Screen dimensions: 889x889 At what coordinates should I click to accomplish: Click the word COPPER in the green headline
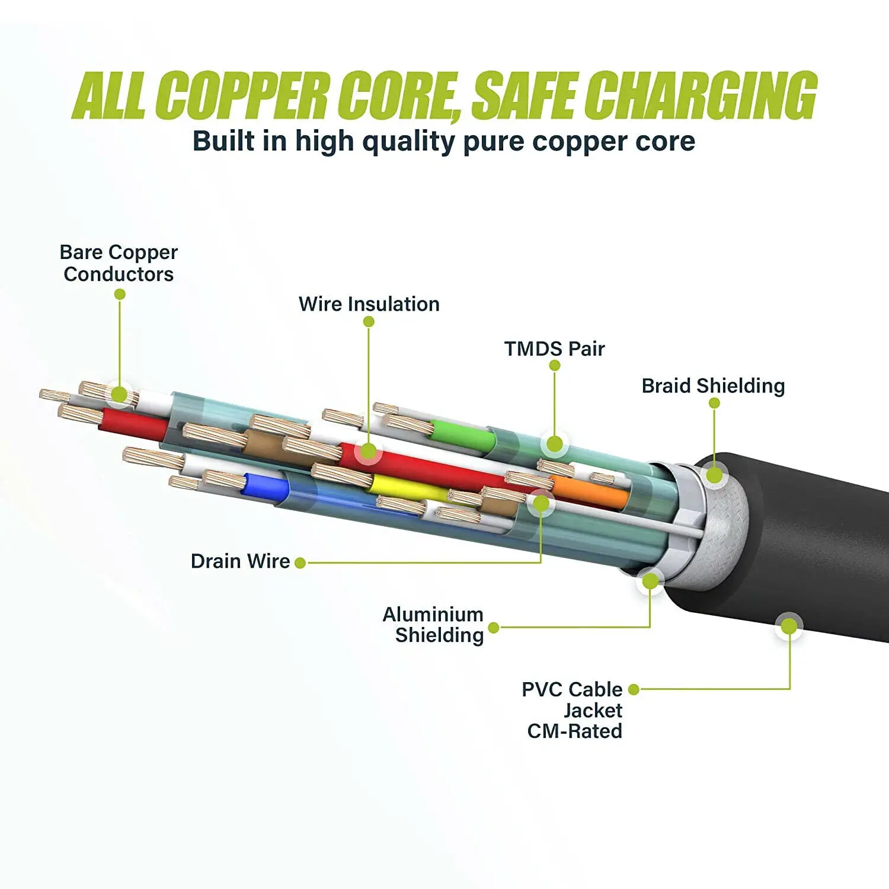pos(244,95)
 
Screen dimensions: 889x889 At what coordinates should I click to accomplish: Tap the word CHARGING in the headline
pos(704,95)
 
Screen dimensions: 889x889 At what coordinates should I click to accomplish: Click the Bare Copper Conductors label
pos(119,263)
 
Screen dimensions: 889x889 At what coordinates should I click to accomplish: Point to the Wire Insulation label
pos(369,304)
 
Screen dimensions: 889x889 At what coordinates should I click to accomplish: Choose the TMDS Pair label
pos(554,348)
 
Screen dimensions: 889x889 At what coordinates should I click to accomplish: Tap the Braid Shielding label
pos(713,386)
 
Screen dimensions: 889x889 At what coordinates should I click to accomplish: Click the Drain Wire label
pos(240,561)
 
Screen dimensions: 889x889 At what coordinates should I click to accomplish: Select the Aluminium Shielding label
pos(434,625)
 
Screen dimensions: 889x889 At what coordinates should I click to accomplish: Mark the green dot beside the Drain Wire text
pos(300,562)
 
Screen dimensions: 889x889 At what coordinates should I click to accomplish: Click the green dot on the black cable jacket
pos(789,626)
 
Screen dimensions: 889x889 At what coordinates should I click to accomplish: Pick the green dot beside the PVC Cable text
pos(634,689)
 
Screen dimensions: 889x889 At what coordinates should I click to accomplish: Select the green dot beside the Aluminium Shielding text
pos(493,628)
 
